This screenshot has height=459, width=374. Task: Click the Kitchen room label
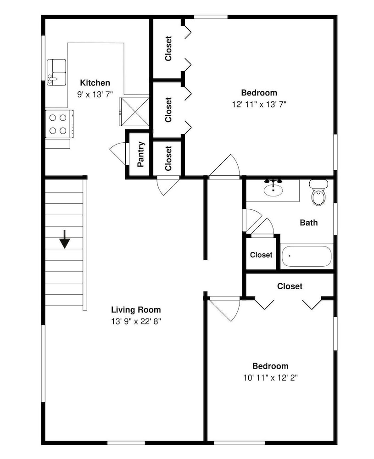(x=95, y=83)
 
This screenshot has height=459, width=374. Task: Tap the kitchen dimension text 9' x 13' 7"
(x=95, y=95)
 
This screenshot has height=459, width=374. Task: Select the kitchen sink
(x=56, y=73)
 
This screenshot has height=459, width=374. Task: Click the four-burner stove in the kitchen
(x=59, y=124)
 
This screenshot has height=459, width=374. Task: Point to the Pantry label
(x=141, y=154)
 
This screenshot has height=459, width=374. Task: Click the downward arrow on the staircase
(x=64, y=239)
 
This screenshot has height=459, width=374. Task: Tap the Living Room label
(x=136, y=310)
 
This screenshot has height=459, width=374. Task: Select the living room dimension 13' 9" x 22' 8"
(x=136, y=321)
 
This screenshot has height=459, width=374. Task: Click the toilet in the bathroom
(x=318, y=193)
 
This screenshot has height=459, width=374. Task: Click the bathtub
(x=307, y=256)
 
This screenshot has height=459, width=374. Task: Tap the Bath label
(x=309, y=223)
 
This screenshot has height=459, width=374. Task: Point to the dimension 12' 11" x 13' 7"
(x=259, y=105)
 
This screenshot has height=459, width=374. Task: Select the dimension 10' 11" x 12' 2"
(x=270, y=378)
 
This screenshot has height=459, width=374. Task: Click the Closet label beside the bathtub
(x=261, y=255)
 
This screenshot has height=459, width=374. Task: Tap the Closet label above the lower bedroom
(x=290, y=286)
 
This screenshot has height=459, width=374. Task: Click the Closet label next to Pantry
(x=168, y=158)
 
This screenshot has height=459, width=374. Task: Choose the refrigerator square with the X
(x=134, y=112)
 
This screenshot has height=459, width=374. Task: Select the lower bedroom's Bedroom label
(x=270, y=366)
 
